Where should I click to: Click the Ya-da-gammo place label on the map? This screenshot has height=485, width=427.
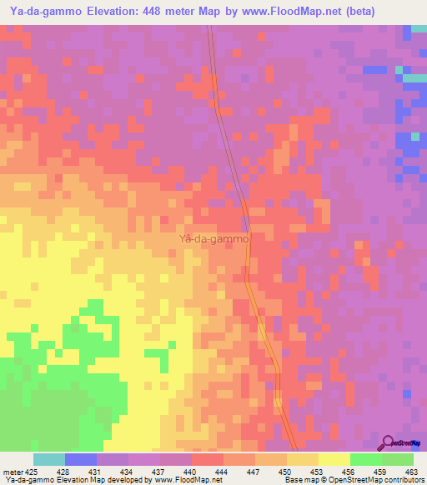pos(214,238)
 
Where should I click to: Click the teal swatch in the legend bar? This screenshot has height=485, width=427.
pos(49,459)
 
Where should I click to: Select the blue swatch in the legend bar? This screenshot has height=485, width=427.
pos(81,459)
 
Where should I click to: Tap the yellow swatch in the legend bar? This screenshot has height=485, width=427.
pos(334,459)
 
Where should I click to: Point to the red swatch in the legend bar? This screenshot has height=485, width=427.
pos(208,459)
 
